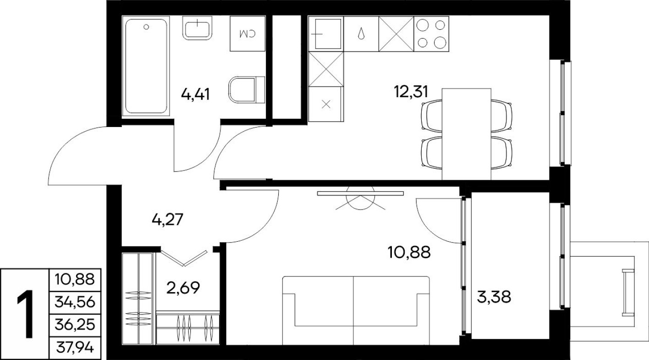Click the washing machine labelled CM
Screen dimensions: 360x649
coord(248,33)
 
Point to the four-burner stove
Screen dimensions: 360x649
coord(431,33)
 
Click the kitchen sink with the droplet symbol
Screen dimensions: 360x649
coord(361,33)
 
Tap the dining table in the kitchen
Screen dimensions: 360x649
coord(467,134)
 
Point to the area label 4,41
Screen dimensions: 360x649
coord(196,95)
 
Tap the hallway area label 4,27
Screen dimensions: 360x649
coord(168,220)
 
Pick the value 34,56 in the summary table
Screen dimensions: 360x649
coord(74,301)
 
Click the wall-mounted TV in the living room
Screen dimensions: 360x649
coord(360,194)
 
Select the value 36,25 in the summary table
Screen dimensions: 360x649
coord(74,325)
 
